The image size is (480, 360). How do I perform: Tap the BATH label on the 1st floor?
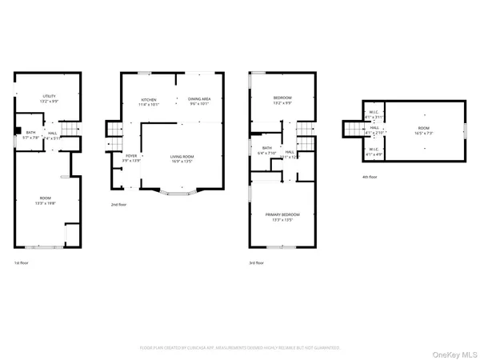tap(30, 134)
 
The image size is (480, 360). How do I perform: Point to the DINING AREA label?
tap(199, 101)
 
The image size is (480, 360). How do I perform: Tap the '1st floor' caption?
tap(22, 262)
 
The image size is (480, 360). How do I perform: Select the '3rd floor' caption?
tap(257, 262)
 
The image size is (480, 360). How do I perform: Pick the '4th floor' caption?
tap(369, 177)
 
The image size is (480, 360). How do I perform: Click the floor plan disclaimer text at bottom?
tap(240, 348)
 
